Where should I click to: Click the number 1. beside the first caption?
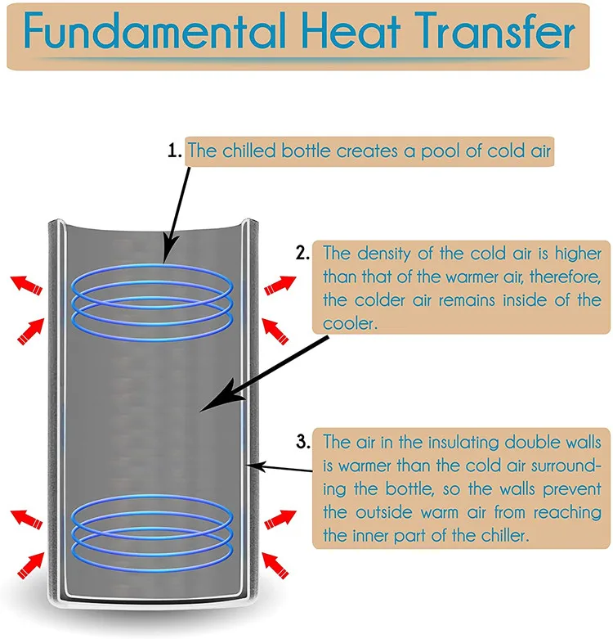(174, 151)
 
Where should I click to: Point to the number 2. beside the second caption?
(304, 253)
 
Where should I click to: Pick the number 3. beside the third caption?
(304, 442)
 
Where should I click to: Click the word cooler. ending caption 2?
(347, 322)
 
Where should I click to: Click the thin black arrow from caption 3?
(282, 469)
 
